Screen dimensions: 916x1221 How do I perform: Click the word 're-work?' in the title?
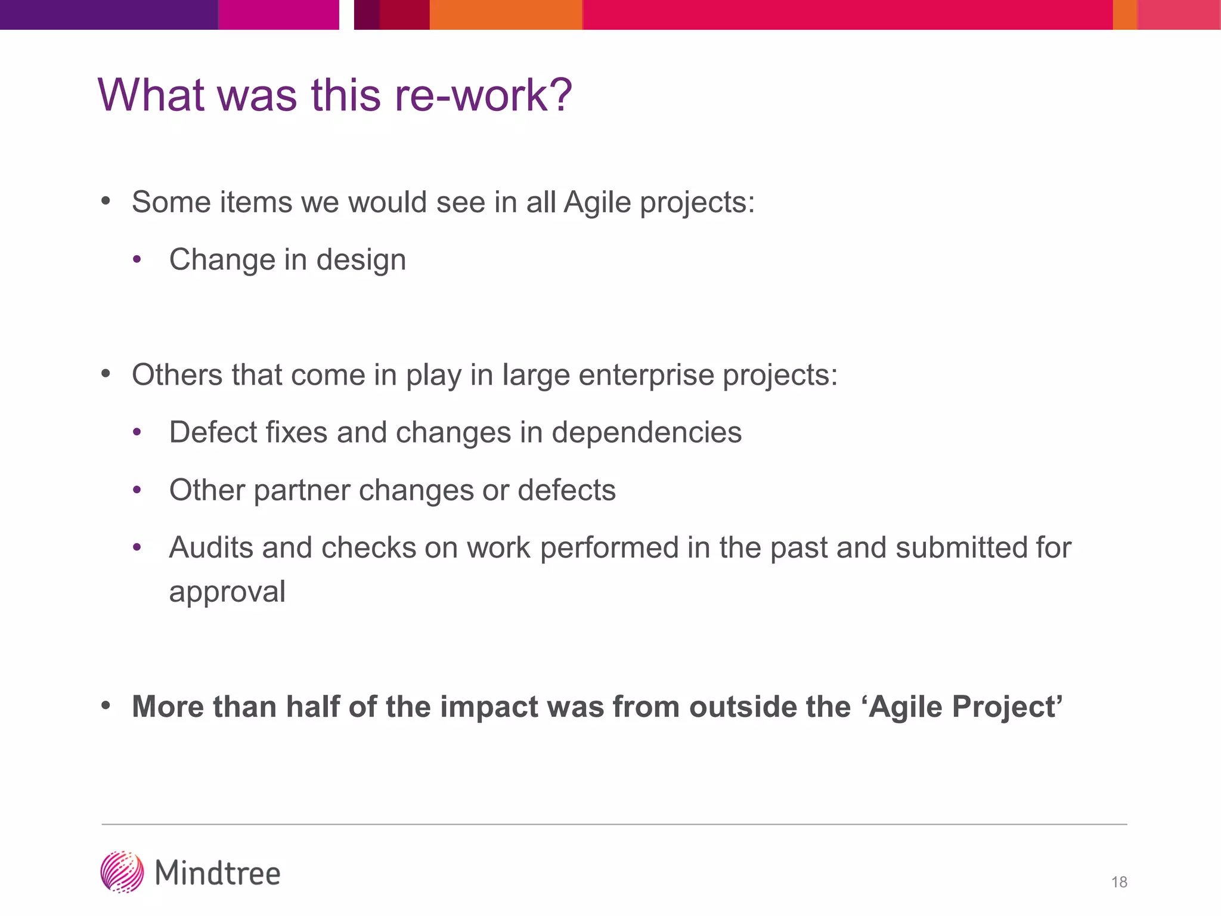(483, 95)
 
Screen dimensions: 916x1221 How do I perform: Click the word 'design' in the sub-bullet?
(361, 261)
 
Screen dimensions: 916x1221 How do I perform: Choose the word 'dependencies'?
(646, 432)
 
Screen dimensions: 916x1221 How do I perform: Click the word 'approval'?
(227, 592)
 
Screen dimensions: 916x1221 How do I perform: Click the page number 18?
(1119, 882)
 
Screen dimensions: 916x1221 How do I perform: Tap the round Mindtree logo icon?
(122, 872)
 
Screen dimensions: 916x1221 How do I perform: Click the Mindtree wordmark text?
(218, 874)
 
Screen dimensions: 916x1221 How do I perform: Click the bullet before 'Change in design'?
(137, 260)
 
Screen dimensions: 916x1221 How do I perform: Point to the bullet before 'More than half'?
(106, 706)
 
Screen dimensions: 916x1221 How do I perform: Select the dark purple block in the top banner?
(109, 14)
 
